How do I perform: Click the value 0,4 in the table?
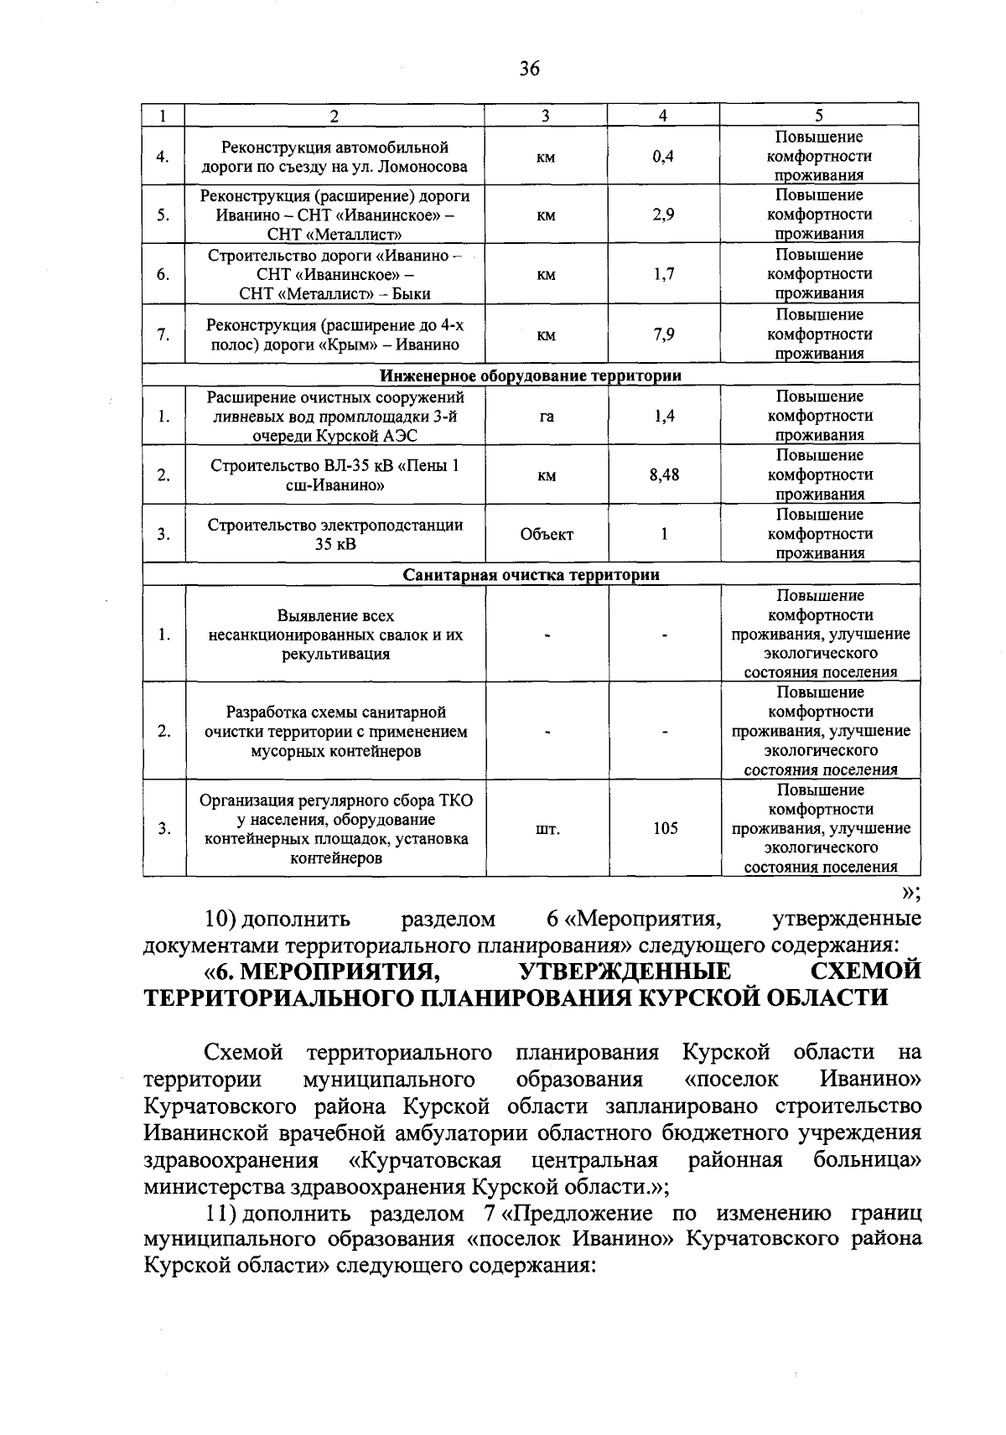coord(663,157)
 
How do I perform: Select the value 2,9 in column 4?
coord(663,215)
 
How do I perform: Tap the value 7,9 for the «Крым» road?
coord(663,334)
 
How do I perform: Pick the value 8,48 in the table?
coord(664,475)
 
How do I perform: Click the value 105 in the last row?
coord(665,829)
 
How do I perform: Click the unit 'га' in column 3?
coord(547,416)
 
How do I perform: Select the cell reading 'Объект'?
coord(547,534)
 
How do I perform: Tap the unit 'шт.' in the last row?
coord(547,829)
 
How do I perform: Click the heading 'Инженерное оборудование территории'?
coord(531,376)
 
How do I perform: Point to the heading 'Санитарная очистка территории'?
coord(531,575)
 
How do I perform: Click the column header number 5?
coord(819,116)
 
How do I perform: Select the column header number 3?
coord(546,116)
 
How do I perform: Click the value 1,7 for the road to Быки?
coord(663,274)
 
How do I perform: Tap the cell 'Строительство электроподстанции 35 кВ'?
coord(335,535)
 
